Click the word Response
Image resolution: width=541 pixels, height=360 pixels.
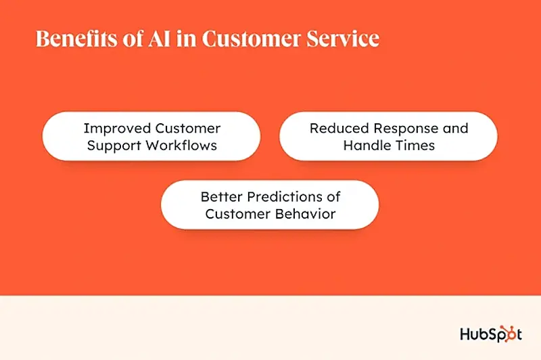408,128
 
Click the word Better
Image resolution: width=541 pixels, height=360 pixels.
222,196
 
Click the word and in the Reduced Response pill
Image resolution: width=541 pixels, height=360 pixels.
454,128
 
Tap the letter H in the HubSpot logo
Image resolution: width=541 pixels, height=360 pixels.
466,333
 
